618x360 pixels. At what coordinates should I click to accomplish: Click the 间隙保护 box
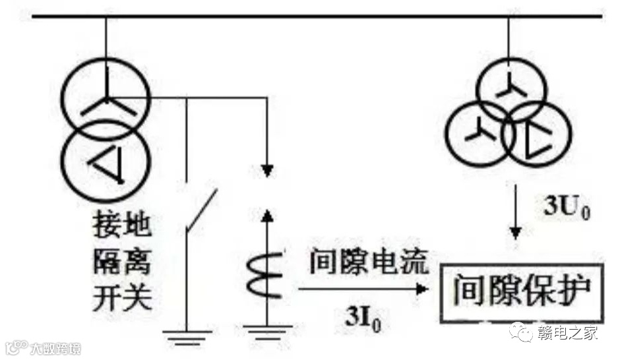coord(521,293)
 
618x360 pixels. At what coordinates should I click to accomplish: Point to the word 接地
coord(122,227)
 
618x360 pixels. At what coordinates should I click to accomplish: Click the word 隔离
coord(122,264)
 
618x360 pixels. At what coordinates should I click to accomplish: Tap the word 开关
coord(122,300)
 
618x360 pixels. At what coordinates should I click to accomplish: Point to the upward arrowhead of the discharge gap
coord(266,214)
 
